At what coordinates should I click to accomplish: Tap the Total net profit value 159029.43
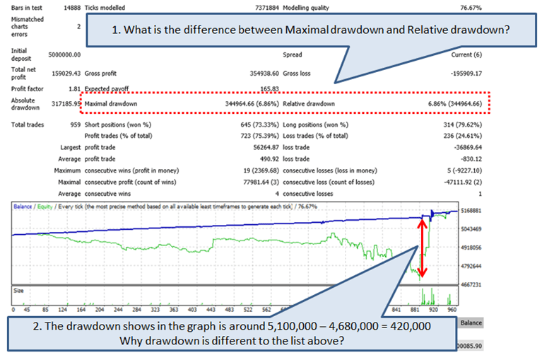tap(64, 73)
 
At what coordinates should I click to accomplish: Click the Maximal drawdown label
tap(112, 104)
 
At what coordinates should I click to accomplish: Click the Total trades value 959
tap(74, 125)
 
